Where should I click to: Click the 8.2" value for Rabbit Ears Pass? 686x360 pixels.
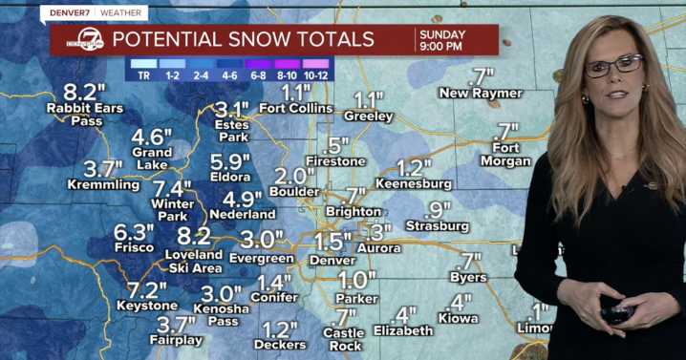pos(84,92)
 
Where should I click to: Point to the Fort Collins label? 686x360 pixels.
pos(296,108)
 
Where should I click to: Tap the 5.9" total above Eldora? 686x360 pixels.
pos(230,161)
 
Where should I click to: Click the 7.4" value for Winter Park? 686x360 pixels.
pos(173,188)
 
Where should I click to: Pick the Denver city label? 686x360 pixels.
pos(332,260)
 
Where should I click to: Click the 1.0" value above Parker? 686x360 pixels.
pos(357,280)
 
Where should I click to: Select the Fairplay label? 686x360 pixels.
pos(175,341)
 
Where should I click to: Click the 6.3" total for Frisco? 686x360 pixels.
pos(134,232)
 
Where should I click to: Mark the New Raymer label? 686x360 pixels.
pos(481,93)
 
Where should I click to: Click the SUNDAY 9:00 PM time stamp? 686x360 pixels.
pos(440,40)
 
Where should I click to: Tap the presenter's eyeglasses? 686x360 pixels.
pos(612,66)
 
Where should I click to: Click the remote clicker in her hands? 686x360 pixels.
pos(616,312)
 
